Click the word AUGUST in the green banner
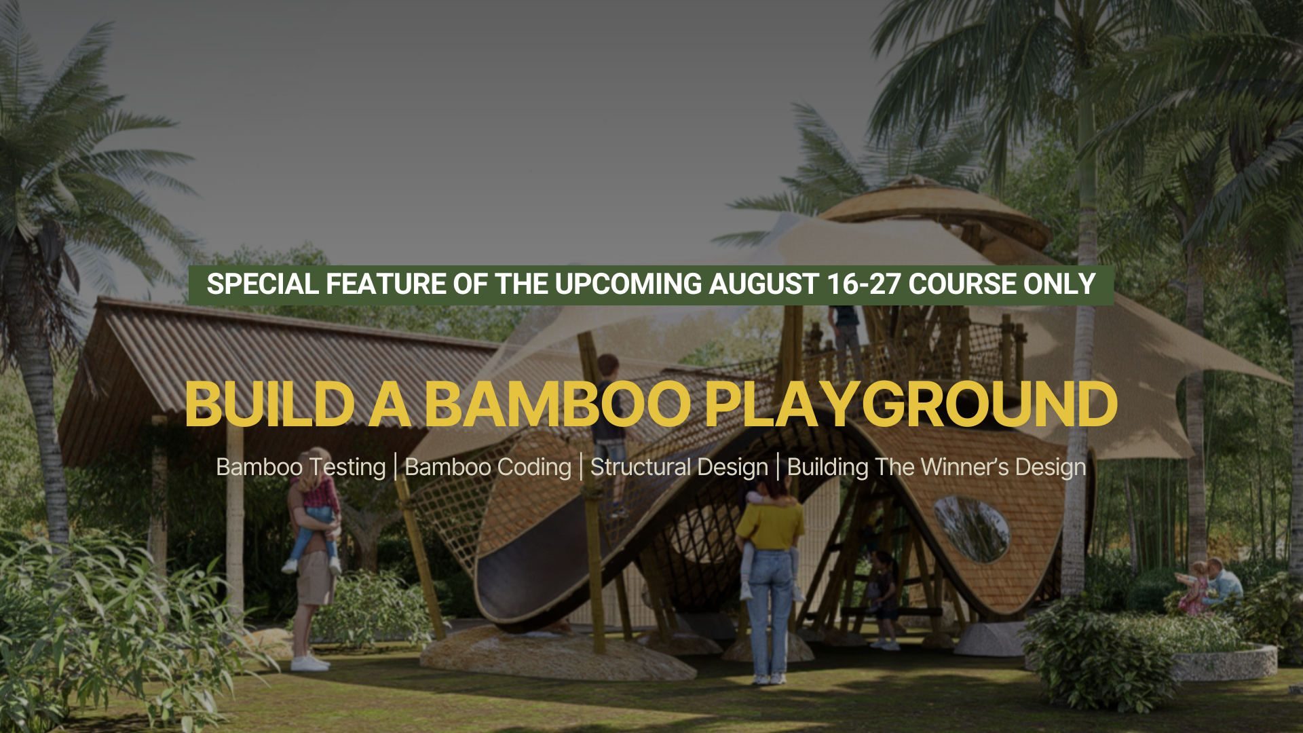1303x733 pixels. pyautogui.click(x=763, y=284)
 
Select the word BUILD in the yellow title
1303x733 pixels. pyautogui.click(x=269, y=405)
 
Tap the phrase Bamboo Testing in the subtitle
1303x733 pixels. pyautogui.click(x=301, y=468)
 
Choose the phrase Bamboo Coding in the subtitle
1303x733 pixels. pyautogui.click(x=488, y=468)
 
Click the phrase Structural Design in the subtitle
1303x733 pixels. pyautogui.click(x=679, y=468)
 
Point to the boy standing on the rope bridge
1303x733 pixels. pyautogui.click(x=609, y=434)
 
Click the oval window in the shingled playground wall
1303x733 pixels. pyautogui.click(x=972, y=529)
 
